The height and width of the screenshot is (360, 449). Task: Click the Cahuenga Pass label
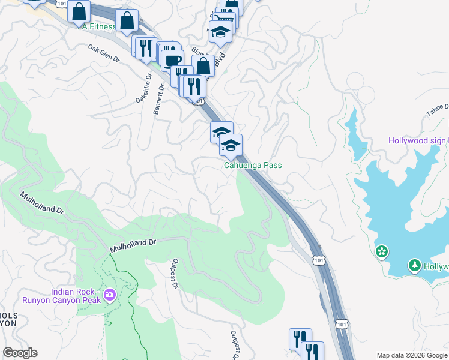[252, 166]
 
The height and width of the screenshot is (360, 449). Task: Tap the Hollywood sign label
[417, 141]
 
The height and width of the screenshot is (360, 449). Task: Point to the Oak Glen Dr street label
[104, 52]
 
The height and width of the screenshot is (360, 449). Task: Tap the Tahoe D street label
[438, 110]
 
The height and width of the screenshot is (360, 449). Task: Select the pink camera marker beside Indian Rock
[110, 295]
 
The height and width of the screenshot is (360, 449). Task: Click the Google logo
[20, 353]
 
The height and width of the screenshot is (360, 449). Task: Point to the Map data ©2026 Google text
[411, 355]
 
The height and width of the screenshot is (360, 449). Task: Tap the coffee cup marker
[173, 61]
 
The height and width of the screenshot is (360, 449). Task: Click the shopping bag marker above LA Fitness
[79, 11]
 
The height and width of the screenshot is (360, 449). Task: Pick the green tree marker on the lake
[414, 265]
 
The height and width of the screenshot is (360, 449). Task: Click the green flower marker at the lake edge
[381, 251]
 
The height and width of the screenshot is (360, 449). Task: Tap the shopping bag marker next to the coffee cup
[203, 66]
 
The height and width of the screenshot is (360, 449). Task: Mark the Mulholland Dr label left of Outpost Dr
[133, 245]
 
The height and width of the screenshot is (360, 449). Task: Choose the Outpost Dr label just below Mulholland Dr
[175, 273]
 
